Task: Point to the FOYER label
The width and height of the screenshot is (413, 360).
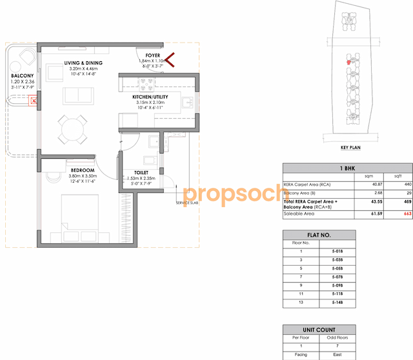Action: click(153, 56)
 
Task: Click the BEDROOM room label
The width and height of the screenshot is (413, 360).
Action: click(83, 170)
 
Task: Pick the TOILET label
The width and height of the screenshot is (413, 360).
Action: click(141, 173)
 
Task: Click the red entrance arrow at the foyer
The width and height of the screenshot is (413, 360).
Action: click(171, 61)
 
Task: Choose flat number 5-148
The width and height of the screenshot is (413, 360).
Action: click(336, 302)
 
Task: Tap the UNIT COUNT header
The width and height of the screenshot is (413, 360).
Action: click(318, 329)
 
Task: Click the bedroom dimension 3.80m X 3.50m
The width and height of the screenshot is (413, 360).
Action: click(83, 176)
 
